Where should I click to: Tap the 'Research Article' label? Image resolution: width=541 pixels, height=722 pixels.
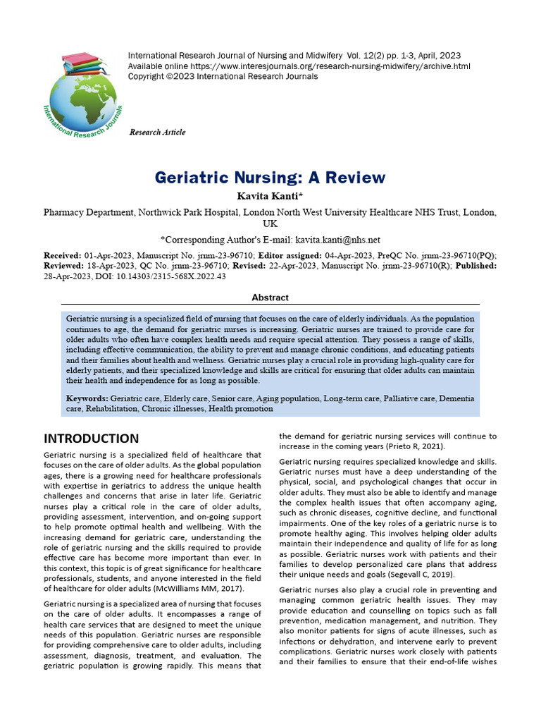[157, 133]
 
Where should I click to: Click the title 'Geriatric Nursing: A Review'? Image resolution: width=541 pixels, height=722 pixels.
[270, 177]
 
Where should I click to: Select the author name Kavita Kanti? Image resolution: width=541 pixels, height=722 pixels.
[270, 195]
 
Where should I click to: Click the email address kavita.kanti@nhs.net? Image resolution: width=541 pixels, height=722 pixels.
[337, 240]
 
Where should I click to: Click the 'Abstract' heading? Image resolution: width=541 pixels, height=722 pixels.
[270, 298]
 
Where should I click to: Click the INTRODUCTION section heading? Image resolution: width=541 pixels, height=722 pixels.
[92, 439]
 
